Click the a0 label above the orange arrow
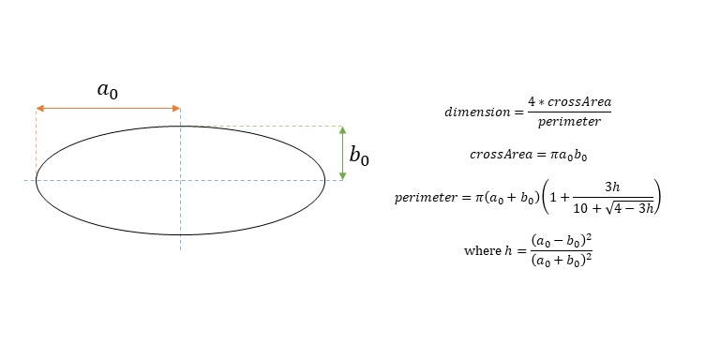[x=108, y=90]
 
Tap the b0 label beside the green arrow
[x=359, y=156]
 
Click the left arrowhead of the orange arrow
[x=40, y=109]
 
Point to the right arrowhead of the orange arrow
[x=176, y=109]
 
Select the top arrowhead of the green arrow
[x=342, y=130]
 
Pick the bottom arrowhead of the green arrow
[x=342, y=176]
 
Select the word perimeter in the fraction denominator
[x=569, y=122]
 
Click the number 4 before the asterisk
[x=532, y=101]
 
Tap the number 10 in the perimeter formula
[x=579, y=209]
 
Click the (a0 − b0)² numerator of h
[x=562, y=241]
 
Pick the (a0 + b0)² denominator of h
[x=562, y=261]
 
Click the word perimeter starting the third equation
[x=424, y=199]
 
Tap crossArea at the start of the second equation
[x=501, y=155]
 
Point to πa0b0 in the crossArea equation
[x=569, y=156]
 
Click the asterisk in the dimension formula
[x=543, y=102]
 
